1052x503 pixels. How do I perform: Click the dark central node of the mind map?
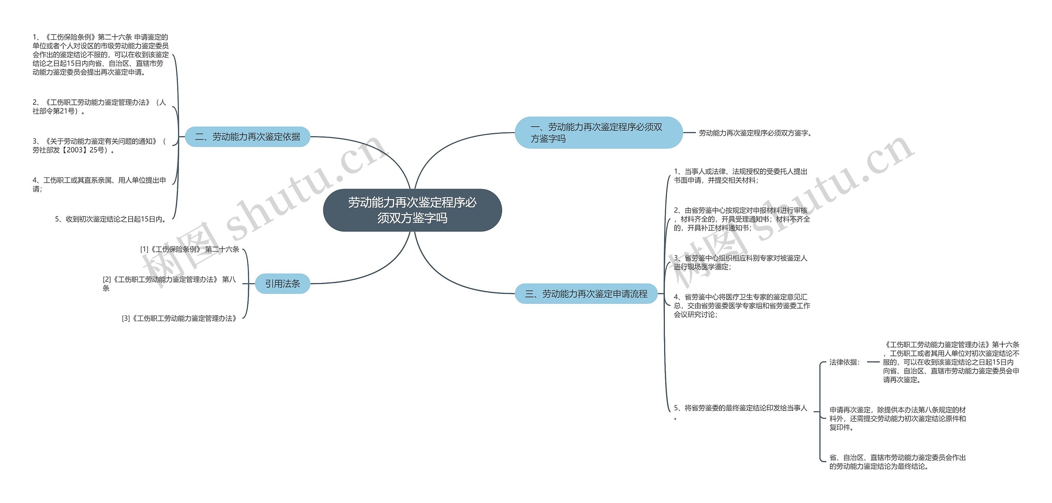point(412,210)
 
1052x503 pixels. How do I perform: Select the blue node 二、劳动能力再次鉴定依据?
point(247,137)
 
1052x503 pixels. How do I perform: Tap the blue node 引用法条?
point(282,284)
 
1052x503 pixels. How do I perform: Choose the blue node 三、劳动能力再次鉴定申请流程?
point(586,294)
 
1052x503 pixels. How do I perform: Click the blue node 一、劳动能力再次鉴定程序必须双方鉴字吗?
point(598,133)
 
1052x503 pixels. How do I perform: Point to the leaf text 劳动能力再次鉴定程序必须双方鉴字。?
point(755,133)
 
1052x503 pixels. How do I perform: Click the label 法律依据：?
point(844,362)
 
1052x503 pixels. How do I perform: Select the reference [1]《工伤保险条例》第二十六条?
point(190,249)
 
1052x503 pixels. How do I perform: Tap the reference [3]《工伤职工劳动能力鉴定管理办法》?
point(180,318)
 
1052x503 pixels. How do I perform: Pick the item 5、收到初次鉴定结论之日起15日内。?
point(111,219)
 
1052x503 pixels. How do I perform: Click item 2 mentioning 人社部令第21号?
point(99,106)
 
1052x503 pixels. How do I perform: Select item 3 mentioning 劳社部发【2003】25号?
point(99,145)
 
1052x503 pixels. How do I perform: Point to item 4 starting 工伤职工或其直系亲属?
point(99,185)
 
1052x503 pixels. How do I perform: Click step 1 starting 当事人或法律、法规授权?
point(741,176)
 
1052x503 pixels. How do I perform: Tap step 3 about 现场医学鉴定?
point(741,262)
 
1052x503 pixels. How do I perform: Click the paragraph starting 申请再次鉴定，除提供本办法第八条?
point(897,418)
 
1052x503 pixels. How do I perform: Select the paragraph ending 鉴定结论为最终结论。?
point(897,462)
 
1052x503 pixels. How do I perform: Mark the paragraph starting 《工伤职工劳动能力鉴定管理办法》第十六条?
point(951,362)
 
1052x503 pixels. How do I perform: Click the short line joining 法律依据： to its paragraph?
point(873,362)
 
